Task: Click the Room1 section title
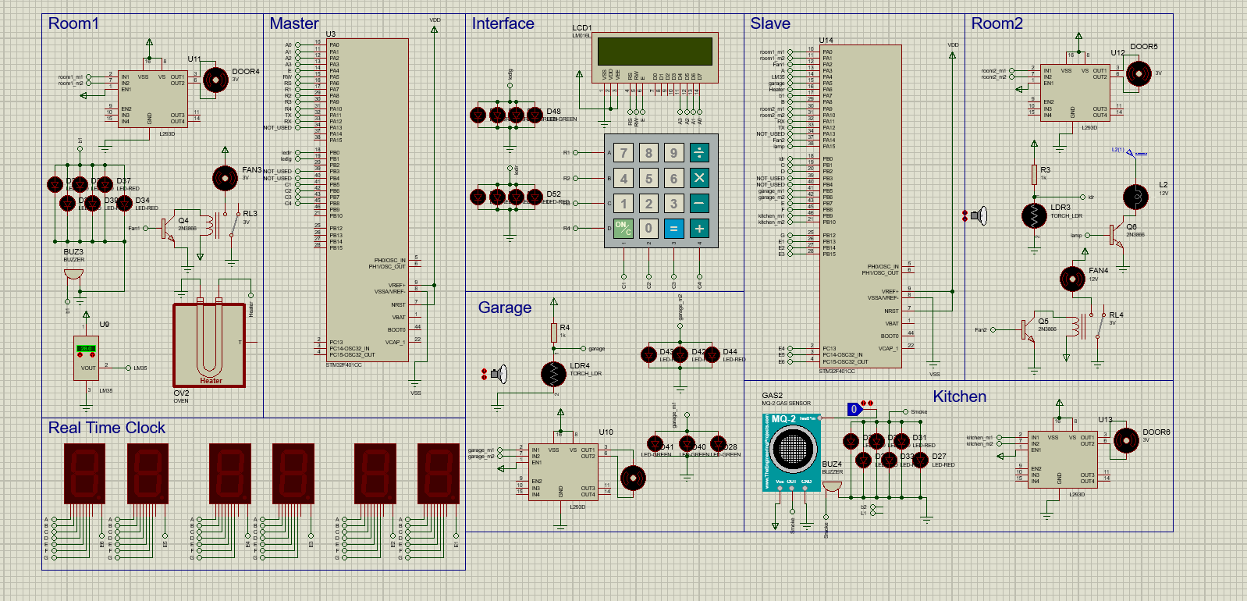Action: tap(73, 23)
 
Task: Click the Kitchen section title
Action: tap(959, 397)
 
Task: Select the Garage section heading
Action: tap(504, 308)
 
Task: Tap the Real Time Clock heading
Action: tap(107, 428)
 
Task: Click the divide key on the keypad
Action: tap(698, 152)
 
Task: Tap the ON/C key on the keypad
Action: tap(623, 228)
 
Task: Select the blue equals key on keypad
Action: tap(673, 228)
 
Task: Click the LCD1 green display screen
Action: tap(655, 52)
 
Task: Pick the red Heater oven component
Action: tap(209, 344)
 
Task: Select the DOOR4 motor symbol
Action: tap(215, 79)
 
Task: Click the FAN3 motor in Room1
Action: tap(225, 178)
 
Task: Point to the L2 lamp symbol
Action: tap(1135, 197)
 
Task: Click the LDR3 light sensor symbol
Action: tap(1034, 215)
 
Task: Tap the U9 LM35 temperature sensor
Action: tap(86, 357)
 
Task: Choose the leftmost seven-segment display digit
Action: tap(84, 473)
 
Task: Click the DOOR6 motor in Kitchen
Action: tap(1125, 441)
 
